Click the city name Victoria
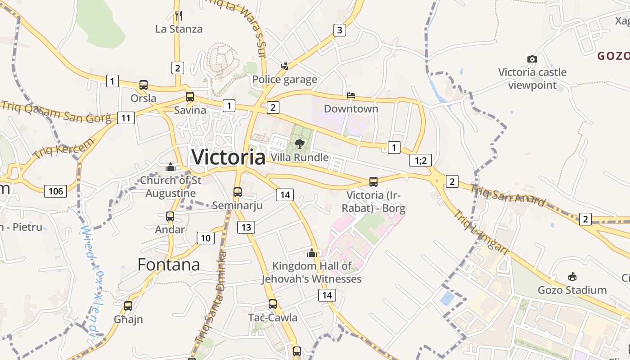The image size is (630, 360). [229, 157]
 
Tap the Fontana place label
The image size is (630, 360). [169, 264]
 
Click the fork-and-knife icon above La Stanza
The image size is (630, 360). [179, 16]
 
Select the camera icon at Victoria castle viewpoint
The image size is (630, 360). [532, 59]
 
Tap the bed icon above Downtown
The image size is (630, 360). [351, 95]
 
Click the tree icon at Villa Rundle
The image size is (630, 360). [299, 144]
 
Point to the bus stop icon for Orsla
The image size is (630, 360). [144, 85]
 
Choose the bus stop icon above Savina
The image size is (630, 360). [190, 96]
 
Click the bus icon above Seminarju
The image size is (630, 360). [238, 192]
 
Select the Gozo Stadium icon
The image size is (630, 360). [572, 276]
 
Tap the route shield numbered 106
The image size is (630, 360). [56, 191]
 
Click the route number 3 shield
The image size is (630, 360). [340, 30]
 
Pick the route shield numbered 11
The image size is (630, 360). [126, 118]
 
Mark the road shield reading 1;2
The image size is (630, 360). [420, 160]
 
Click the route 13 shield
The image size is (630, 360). [246, 227]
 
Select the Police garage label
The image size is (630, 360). [285, 80]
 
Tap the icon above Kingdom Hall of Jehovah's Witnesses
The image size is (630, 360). [312, 253]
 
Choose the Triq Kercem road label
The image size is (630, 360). [64, 148]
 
